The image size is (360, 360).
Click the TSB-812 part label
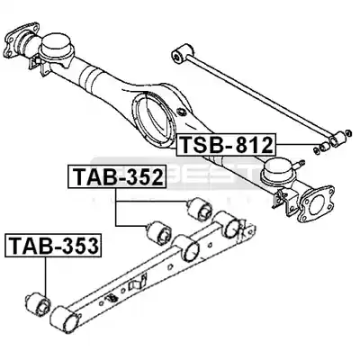226,144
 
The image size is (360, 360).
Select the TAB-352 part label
117,176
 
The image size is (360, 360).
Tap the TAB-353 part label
53,245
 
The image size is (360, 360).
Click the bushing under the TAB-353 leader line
38,303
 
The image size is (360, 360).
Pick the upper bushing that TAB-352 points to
200,209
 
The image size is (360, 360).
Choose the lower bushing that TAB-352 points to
158,233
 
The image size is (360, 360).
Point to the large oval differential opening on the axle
154,120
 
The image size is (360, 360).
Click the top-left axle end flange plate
22,40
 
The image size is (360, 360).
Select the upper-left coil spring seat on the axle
57,47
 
